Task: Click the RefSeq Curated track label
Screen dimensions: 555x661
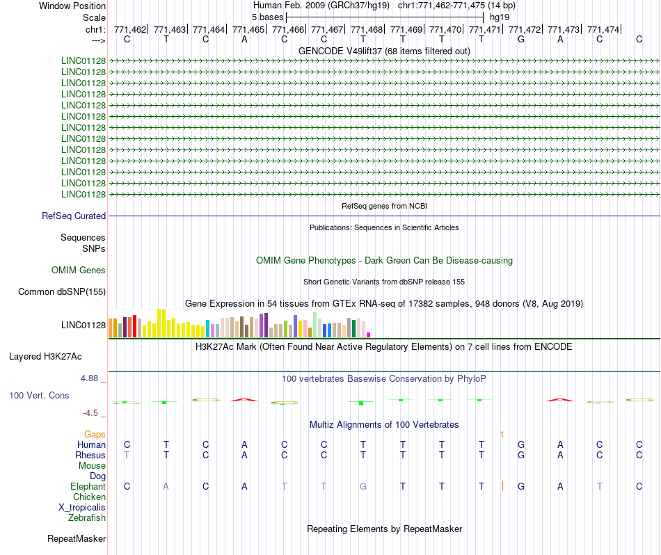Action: tap(74, 216)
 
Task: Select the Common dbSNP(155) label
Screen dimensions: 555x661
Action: tap(62, 292)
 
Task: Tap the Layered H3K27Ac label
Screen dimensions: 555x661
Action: tap(45, 357)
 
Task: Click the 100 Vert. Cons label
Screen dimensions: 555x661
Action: tap(39, 395)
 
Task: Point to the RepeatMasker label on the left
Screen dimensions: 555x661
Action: tap(77, 539)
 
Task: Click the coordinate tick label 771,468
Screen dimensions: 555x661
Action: tap(367, 30)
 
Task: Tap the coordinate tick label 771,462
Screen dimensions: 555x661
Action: tap(130, 30)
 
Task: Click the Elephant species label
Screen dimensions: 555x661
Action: tap(88, 487)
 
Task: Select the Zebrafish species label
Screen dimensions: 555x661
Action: tap(87, 518)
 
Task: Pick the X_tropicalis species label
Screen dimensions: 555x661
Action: tap(82, 508)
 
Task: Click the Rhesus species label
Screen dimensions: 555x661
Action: tap(90, 456)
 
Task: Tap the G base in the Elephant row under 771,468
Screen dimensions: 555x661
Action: tap(363, 487)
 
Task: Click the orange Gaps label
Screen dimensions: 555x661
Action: tap(95, 434)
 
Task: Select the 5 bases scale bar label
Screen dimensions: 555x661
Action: tap(267, 16)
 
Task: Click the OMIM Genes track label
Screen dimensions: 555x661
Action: tap(79, 271)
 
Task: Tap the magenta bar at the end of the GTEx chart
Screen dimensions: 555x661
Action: tap(369, 335)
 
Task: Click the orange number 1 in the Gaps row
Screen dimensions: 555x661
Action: tap(502, 434)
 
